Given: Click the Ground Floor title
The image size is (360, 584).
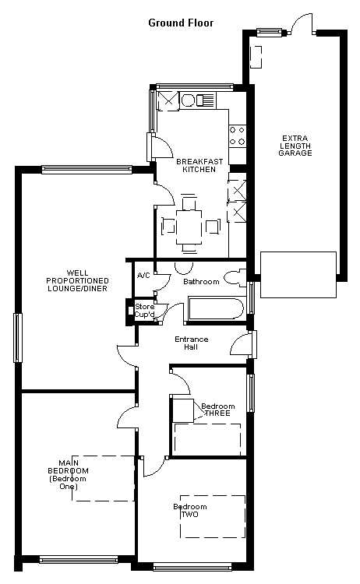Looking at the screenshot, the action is point(181,23).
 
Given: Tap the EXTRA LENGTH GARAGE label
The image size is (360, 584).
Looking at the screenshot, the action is point(295,146).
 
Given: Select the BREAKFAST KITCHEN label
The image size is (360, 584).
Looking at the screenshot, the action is point(199,165).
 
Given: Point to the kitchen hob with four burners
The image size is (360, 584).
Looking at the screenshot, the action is point(237,136).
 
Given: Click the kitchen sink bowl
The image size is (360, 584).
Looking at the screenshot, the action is point(188,100).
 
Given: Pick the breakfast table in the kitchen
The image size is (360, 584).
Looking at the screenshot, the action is point(189,227).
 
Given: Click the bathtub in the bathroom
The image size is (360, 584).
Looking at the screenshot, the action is point(217,308).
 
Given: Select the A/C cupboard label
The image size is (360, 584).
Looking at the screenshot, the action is point(143,275).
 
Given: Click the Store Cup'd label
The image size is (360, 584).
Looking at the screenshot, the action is point(145,311).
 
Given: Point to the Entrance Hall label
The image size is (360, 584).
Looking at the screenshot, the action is point(191,343).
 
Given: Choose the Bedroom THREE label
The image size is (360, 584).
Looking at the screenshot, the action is point(217,410).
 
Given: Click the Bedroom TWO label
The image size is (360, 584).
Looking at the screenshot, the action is point(189,511).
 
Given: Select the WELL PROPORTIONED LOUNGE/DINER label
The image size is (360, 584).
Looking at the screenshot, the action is point(77,281).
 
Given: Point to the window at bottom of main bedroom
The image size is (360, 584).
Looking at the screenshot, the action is point(79,559).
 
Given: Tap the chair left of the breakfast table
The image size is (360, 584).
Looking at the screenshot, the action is point(168,227).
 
